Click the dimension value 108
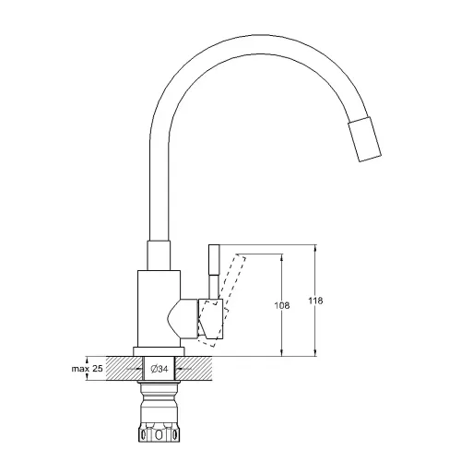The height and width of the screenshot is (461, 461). (x=282, y=304)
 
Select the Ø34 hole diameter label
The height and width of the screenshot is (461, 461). (x=159, y=370)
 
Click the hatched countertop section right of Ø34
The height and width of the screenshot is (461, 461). (x=204, y=369)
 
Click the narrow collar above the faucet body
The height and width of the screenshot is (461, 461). (x=159, y=256)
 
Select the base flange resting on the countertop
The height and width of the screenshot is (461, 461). (x=159, y=351)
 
